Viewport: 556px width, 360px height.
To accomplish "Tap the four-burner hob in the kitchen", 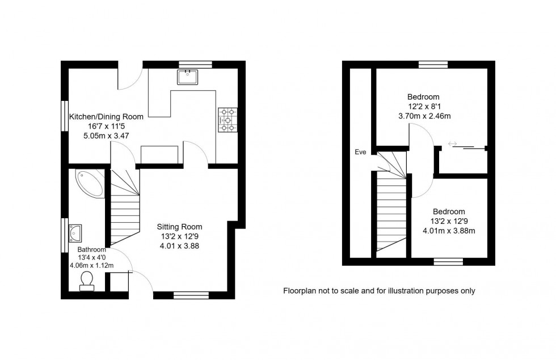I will pos(228,120).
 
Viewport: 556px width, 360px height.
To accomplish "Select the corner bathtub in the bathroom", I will pos(89,183).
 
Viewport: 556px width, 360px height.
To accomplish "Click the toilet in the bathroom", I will pos(87,281).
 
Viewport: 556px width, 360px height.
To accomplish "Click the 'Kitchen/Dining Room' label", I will pos(106,116).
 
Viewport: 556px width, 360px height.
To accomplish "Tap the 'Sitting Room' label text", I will pos(179,227).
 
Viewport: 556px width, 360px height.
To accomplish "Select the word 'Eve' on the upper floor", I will pos(360,152).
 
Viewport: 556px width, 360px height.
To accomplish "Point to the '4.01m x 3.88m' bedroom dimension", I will pos(449,231).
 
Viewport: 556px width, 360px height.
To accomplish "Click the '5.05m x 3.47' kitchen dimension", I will pos(107,136).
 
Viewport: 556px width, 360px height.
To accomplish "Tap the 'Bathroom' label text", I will pos(92,249).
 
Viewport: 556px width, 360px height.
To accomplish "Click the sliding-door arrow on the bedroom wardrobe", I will pos(452,144).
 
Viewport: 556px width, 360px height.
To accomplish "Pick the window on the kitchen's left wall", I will pos(64,117).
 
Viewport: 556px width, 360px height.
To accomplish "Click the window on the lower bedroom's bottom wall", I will pos(448,261).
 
